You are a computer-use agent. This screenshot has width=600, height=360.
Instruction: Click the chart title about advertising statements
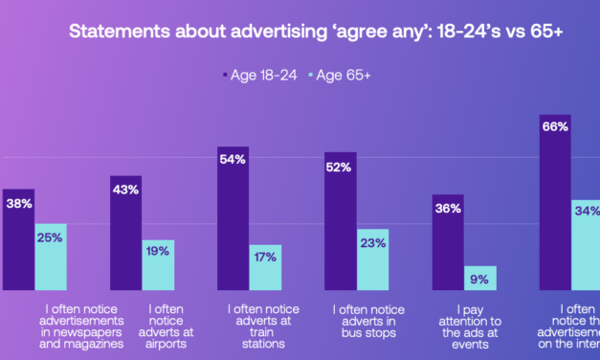click(317, 33)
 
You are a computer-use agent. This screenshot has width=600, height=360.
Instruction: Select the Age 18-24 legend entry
click(259, 71)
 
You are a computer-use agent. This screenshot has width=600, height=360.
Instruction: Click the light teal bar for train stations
click(265, 268)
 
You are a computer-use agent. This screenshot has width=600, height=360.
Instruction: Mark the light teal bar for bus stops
click(372, 259)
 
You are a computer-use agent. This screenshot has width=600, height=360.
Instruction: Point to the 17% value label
click(265, 257)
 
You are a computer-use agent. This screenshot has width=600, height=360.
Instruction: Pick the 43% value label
click(126, 189)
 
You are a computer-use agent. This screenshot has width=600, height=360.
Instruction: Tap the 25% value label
click(51, 236)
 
